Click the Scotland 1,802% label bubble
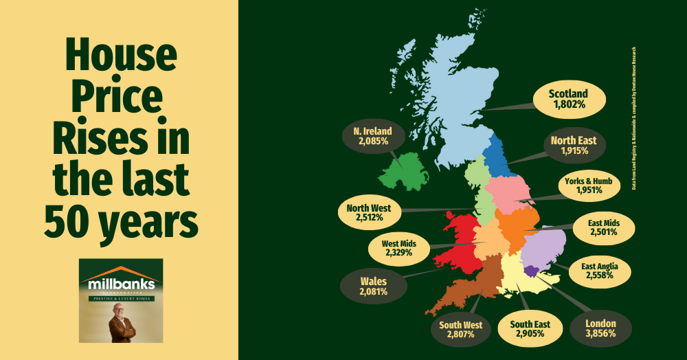pos(568,100)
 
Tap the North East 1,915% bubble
pos(573,146)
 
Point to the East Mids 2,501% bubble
pos(602,227)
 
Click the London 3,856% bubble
pos(596,328)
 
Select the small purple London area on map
pos(530,273)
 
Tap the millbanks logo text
pos(121,283)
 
